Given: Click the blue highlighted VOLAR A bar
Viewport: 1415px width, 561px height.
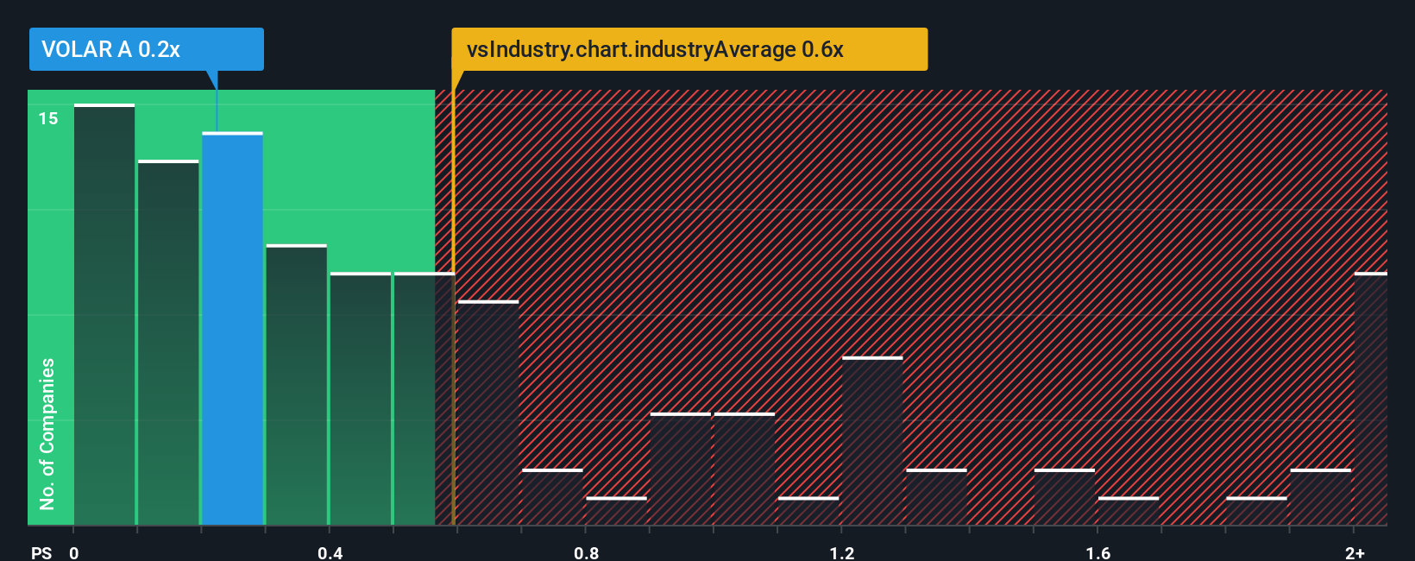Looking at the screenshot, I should tap(232, 328).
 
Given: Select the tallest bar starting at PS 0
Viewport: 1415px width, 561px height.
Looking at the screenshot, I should tap(104, 314).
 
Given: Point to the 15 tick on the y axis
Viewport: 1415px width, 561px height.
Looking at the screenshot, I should tap(48, 118).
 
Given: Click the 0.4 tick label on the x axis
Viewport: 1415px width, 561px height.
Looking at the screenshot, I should tap(330, 552).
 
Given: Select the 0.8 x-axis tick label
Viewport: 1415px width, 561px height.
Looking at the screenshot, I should tap(586, 552).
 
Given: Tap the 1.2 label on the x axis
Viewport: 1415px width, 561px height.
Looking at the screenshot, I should tap(842, 552).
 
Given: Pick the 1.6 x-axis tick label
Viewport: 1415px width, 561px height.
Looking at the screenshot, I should tap(1097, 552).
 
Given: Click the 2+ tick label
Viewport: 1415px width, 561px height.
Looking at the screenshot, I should tap(1355, 552).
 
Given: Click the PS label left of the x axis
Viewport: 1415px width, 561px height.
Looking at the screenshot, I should tap(41, 552).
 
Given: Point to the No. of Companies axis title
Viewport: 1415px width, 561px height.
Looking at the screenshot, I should tap(47, 433).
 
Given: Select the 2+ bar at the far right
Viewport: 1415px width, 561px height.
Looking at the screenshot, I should tap(1370, 399).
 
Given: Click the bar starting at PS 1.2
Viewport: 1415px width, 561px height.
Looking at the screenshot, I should tap(872, 441).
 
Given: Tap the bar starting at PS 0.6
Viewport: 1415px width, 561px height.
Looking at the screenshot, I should tap(487, 413).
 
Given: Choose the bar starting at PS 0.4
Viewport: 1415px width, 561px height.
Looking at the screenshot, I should tap(360, 399).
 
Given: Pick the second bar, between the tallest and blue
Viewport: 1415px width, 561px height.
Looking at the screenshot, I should tap(168, 343).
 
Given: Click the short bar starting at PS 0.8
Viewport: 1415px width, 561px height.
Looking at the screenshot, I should tap(616, 511).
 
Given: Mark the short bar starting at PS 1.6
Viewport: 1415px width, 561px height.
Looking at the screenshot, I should tap(1129, 511).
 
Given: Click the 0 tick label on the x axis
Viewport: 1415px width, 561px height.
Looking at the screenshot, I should tap(74, 552).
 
